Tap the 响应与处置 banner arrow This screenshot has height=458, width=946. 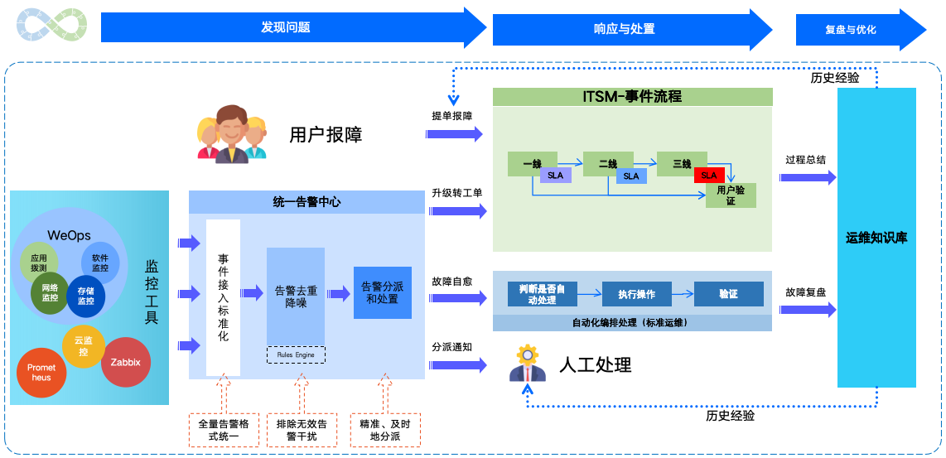[x=625, y=28]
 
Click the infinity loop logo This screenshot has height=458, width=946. [x=51, y=27]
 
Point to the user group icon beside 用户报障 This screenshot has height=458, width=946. [x=233, y=133]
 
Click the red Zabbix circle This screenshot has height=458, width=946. [x=126, y=362]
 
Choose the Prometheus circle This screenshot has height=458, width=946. [x=41, y=373]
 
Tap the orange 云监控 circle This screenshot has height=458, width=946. [x=84, y=346]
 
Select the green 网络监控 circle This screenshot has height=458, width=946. [x=50, y=292]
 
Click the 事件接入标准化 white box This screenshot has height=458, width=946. [x=224, y=297]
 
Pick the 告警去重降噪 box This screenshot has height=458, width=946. [x=296, y=296]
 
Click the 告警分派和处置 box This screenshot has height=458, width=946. [x=382, y=292]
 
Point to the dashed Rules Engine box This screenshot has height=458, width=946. [x=296, y=354]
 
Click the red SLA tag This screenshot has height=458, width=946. [x=709, y=176]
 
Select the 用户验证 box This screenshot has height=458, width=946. [x=731, y=195]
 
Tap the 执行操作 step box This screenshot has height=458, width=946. [x=636, y=294]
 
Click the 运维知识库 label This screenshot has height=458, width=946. [x=876, y=238]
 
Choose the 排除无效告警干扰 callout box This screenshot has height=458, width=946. [x=302, y=430]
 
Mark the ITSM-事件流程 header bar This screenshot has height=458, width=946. [x=632, y=97]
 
